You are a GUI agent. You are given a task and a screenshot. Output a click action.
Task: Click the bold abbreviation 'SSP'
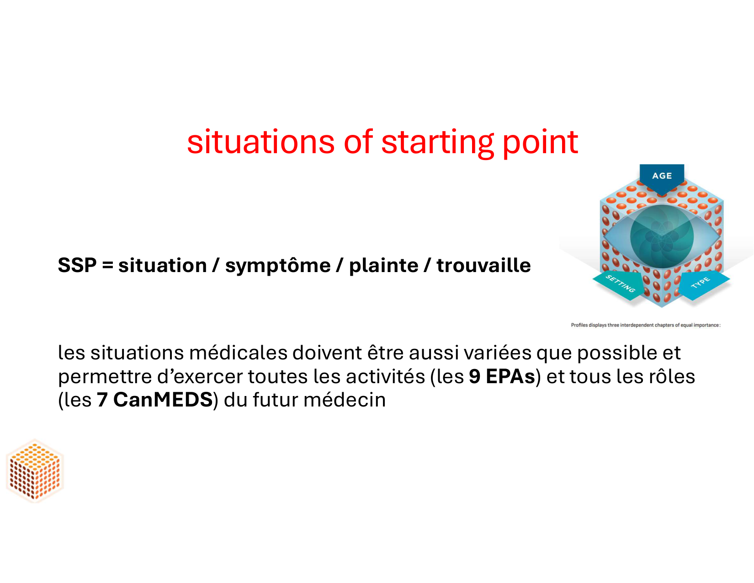point(77,265)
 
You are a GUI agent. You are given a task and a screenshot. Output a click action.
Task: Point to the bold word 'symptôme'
point(278,267)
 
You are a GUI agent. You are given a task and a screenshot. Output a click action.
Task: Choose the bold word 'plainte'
point(383,267)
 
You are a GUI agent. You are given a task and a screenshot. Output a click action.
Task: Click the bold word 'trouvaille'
point(483,265)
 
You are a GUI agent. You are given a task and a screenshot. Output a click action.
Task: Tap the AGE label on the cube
point(662,176)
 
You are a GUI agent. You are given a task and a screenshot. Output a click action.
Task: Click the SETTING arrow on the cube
point(619,285)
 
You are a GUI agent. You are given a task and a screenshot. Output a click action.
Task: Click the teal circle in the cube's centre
point(662,237)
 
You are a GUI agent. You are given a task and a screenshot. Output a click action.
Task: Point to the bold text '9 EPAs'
point(502,377)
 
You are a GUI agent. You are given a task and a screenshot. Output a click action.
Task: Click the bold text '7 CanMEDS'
point(154,400)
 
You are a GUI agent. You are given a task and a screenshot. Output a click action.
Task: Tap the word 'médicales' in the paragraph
point(238,353)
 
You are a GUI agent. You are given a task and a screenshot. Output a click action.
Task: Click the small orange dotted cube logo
point(35,471)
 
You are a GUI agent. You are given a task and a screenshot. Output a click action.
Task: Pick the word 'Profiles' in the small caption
point(579,326)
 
